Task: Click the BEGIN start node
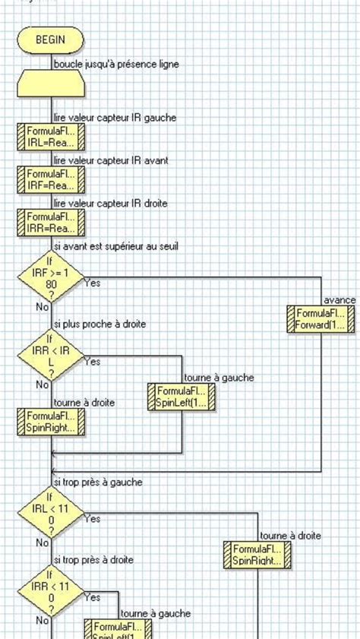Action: point(51,40)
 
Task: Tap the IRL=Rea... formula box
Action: point(51,138)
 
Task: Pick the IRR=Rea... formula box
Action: point(51,223)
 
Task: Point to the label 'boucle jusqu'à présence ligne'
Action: point(116,65)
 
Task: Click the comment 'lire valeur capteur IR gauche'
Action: point(115,118)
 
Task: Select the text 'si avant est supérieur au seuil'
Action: point(115,245)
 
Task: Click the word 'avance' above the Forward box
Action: point(339,301)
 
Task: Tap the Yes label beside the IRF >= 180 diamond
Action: point(92,283)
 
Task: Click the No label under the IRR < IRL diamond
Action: point(43,385)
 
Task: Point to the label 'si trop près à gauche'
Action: point(97,482)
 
